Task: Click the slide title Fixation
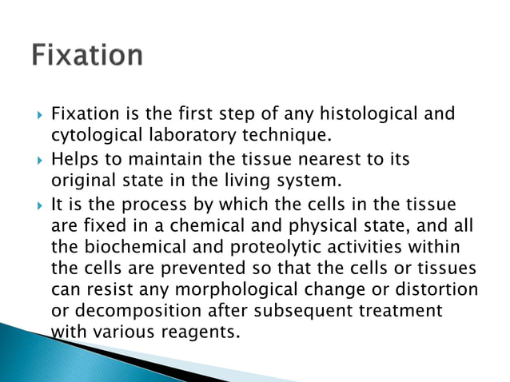(88, 56)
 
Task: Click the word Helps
(75, 159)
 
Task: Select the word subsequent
(303, 308)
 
